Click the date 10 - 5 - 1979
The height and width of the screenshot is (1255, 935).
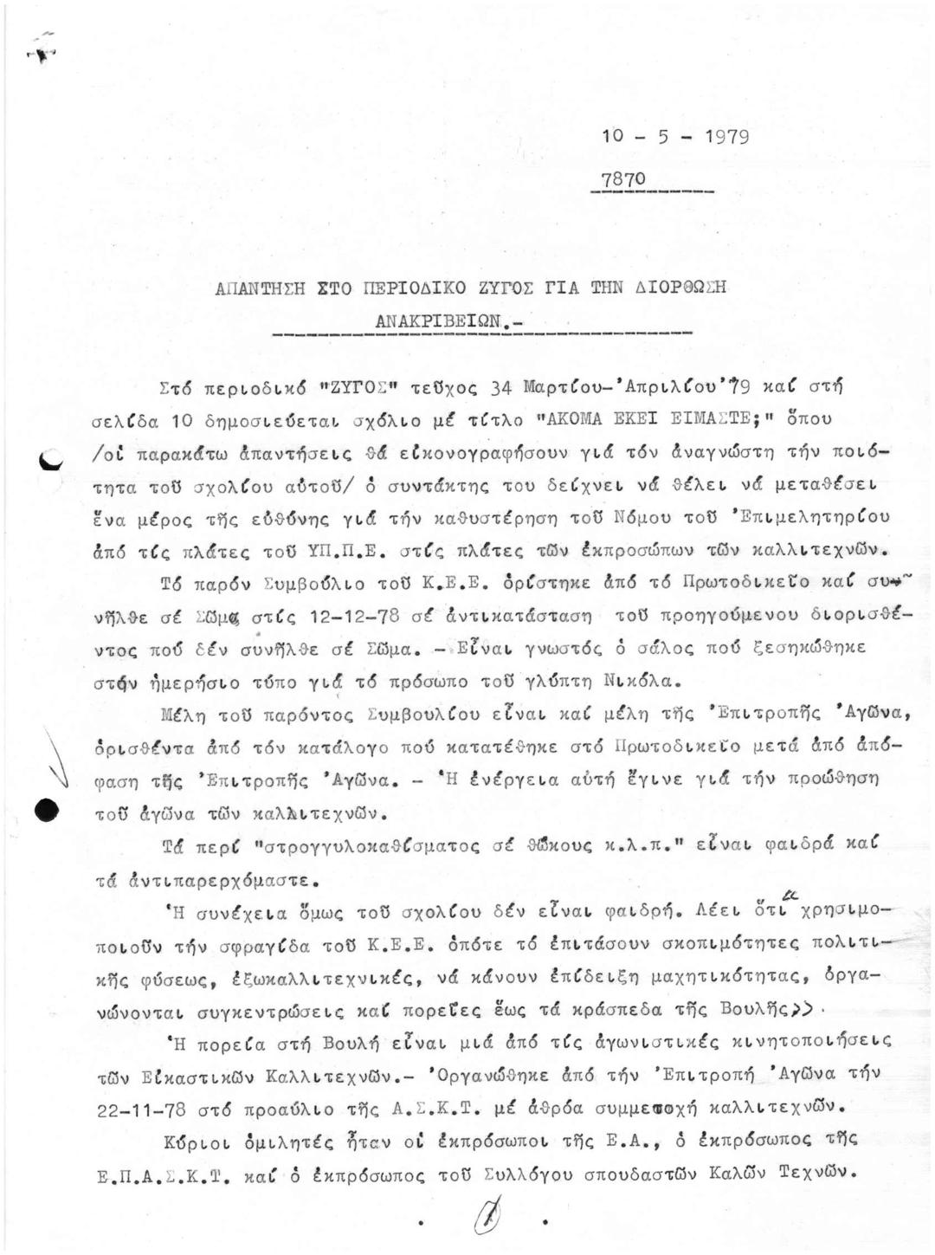point(674,137)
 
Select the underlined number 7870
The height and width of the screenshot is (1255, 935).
point(623,179)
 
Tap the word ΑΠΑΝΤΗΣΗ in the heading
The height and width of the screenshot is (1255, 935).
point(256,289)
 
